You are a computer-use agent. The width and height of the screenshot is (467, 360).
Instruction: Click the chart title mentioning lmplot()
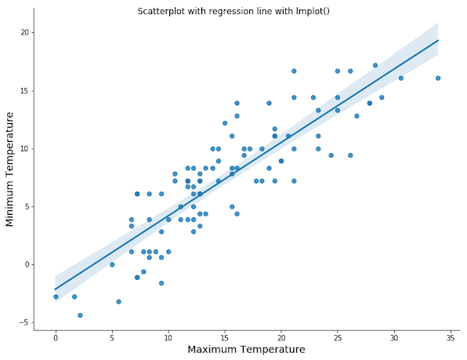click(233, 12)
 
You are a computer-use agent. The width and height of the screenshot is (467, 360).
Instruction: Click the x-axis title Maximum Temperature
click(247, 349)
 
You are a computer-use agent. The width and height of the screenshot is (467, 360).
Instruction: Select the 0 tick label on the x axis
click(56, 338)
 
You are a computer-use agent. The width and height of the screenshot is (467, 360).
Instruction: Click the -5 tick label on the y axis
click(24, 322)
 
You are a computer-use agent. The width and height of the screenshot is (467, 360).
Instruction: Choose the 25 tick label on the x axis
click(337, 338)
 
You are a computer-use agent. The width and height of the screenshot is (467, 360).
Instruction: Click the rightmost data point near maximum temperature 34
click(438, 78)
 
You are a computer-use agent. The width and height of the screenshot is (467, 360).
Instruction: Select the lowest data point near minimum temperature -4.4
click(80, 315)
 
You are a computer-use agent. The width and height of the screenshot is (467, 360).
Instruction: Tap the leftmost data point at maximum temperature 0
click(56, 296)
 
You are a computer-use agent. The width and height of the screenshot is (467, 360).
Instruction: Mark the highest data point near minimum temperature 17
click(375, 65)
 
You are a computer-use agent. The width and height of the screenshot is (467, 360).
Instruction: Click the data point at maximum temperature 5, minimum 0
click(112, 264)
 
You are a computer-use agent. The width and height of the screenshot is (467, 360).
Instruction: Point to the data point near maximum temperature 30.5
click(400, 78)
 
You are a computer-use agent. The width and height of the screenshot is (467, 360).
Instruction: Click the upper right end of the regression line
click(438, 40)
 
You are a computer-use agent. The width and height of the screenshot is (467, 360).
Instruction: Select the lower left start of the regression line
click(56, 289)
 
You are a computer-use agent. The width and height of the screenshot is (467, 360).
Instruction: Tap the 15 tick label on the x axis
click(225, 338)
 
